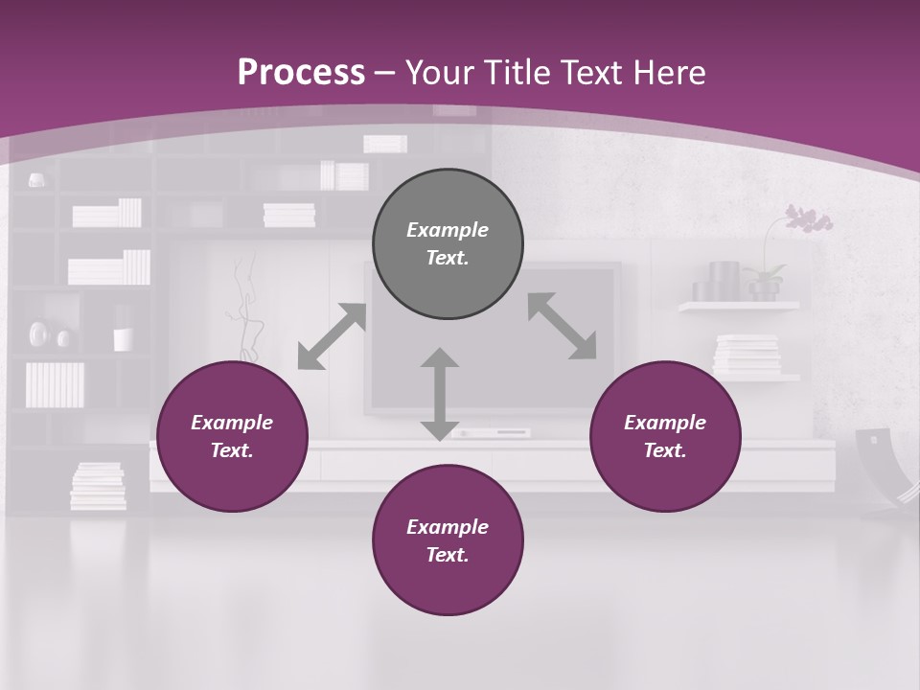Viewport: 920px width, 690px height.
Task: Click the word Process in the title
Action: pyautogui.click(x=301, y=72)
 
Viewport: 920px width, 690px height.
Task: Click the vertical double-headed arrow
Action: pyautogui.click(x=439, y=394)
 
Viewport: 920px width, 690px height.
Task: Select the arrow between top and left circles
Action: pyautogui.click(x=332, y=336)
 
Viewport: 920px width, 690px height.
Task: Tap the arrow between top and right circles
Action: pyautogui.click(x=562, y=326)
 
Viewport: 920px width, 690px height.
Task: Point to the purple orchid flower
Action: pyautogui.click(x=807, y=219)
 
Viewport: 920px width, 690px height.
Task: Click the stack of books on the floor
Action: pyautogui.click(x=98, y=486)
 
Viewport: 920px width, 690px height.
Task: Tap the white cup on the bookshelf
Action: pyautogui.click(x=123, y=339)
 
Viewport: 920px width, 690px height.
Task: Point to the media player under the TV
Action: pyautogui.click(x=491, y=433)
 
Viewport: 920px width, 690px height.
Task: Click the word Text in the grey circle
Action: pyautogui.click(x=448, y=258)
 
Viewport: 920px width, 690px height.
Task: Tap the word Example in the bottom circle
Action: pyautogui.click(x=448, y=527)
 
